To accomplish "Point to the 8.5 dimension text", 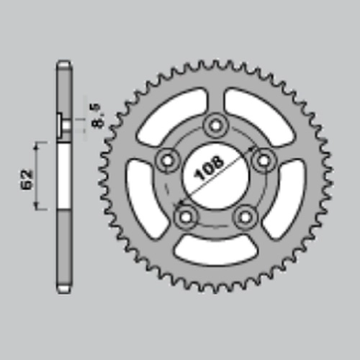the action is click(x=98, y=116).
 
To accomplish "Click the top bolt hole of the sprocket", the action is click(x=215, y=125).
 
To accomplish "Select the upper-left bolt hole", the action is click(x=167, y=161).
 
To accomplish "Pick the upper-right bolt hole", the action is click(x=264, y=160).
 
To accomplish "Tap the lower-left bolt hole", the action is click(x=186, y=217).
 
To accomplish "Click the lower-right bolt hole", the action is click(x=245, y=217).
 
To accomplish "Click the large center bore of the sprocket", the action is click(x=215, y=176).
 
